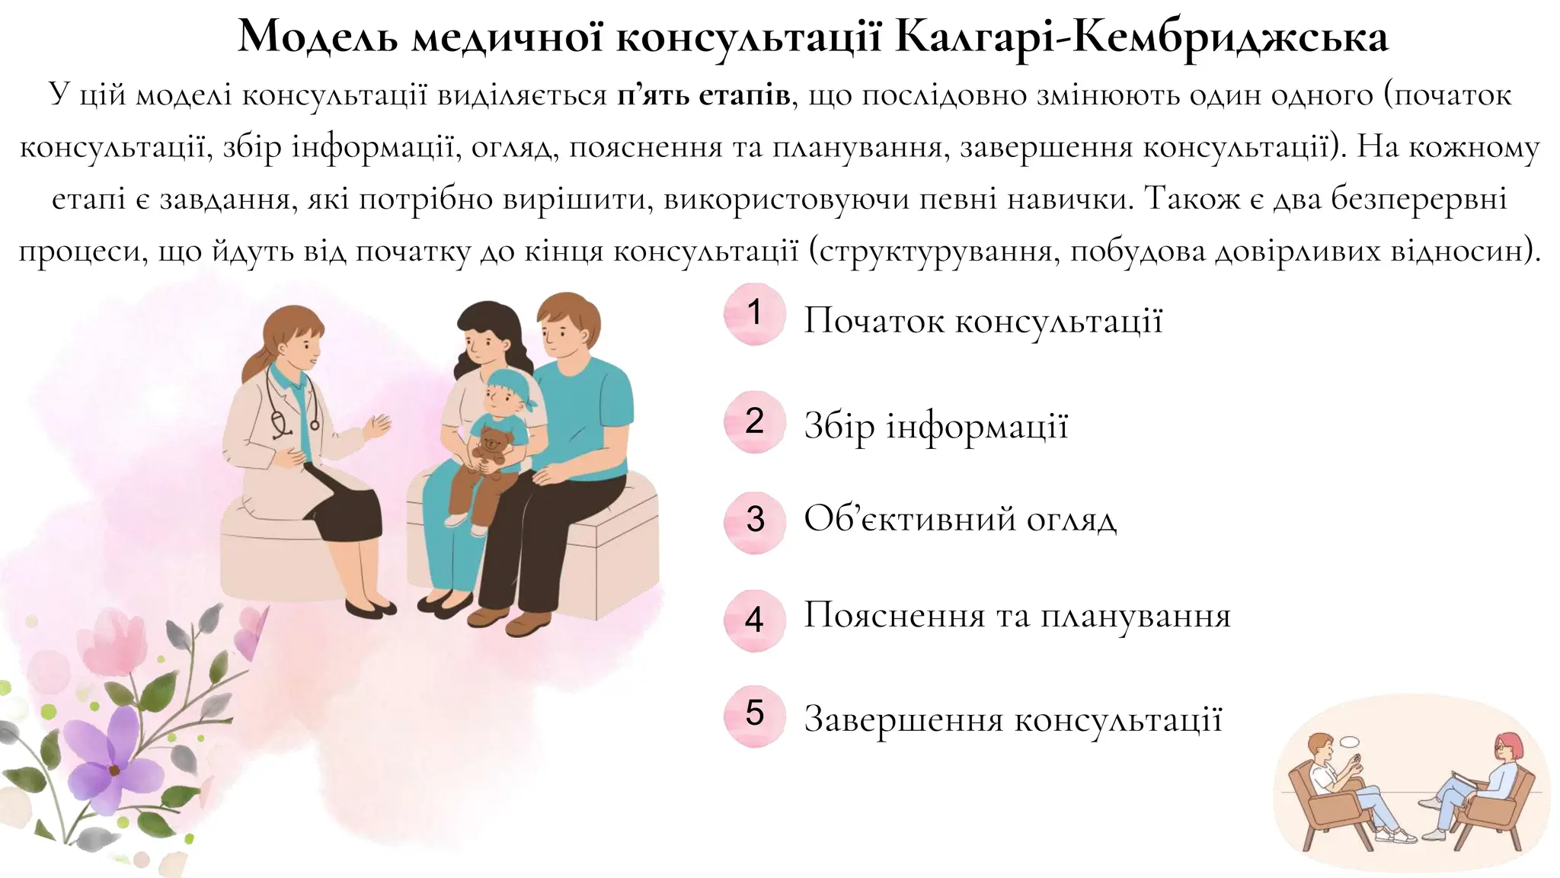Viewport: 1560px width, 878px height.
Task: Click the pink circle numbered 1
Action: tap(754, 313)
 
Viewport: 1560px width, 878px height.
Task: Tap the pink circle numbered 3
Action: tap(754, 521)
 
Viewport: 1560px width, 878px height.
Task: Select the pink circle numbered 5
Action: tap(754, 715)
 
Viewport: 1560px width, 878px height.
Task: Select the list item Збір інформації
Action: tap(936, 426)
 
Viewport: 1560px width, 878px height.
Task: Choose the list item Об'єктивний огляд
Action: tap(960, 520)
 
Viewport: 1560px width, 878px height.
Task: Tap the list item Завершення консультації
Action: tap(1013, 719)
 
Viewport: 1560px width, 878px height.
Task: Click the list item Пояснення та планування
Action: tap(1017, 616)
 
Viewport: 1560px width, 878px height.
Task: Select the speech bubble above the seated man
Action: tap(1350, 740)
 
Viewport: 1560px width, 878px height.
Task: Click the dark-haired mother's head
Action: tap(484, 335)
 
